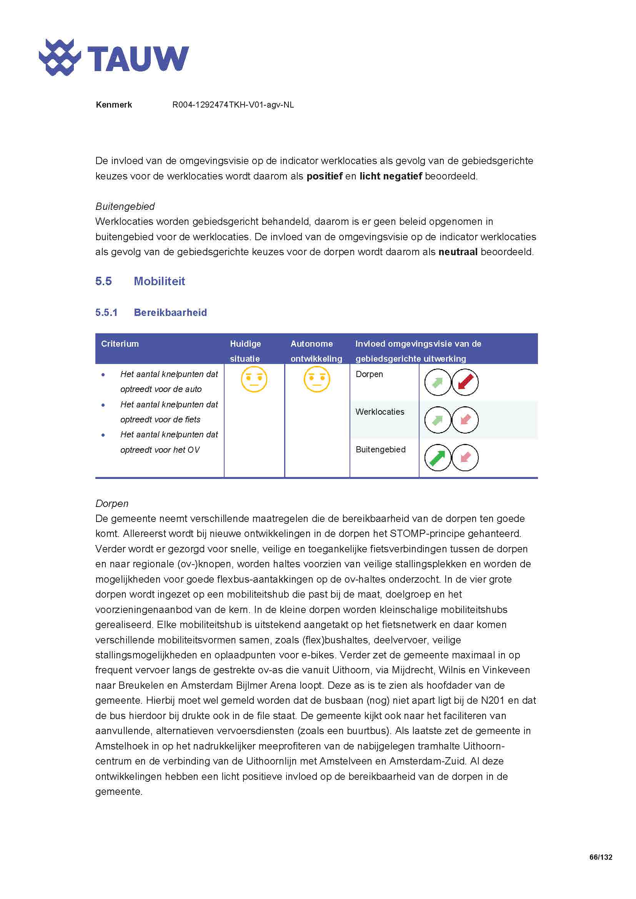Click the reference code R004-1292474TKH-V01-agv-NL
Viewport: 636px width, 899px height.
point(233,105)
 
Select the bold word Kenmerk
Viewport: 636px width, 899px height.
point(113,105)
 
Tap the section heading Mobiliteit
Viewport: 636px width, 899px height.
point(159,281)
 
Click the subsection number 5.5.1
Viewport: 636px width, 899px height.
point(106,312)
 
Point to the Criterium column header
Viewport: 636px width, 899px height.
point(120,344)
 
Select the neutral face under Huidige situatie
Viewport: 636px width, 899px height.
point(254,379)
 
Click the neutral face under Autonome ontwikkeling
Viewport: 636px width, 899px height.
point(317,379)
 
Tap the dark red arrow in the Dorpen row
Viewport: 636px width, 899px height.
point(465,382)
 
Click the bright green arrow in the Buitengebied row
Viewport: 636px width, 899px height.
point(438,458)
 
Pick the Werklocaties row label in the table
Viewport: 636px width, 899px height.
point(380,412)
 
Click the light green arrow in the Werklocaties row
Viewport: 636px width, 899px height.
point(438,420)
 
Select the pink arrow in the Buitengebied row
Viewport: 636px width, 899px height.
point(465,458)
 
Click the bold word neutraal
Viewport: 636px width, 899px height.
point(458,252)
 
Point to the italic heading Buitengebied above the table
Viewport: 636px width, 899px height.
point(125,206)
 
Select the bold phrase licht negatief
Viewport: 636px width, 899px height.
point(390,176)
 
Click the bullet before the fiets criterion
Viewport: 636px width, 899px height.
point(103,405)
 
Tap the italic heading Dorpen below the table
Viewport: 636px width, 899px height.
point(112,504)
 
